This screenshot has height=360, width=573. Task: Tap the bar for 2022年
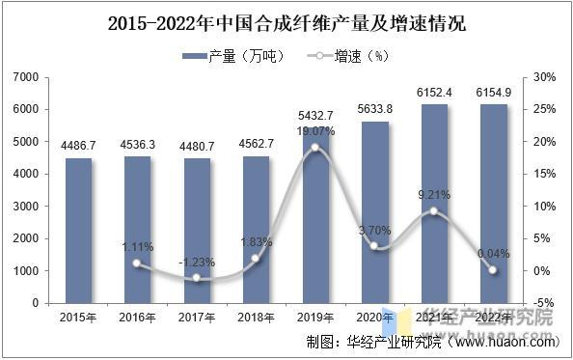click(x=494, y=204)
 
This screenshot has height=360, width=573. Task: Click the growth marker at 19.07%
click(x=315, y=148)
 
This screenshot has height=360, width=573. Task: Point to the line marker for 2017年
click(x=197, y=278)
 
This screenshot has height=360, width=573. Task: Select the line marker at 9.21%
click(x=434, y=210)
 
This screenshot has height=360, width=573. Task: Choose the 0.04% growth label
click(x=494, y=254)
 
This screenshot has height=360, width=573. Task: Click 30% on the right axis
click(x=544, y=77)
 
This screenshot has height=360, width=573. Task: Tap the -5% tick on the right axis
click(x=544, y=303)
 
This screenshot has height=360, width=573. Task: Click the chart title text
click(x=286, y=23)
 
